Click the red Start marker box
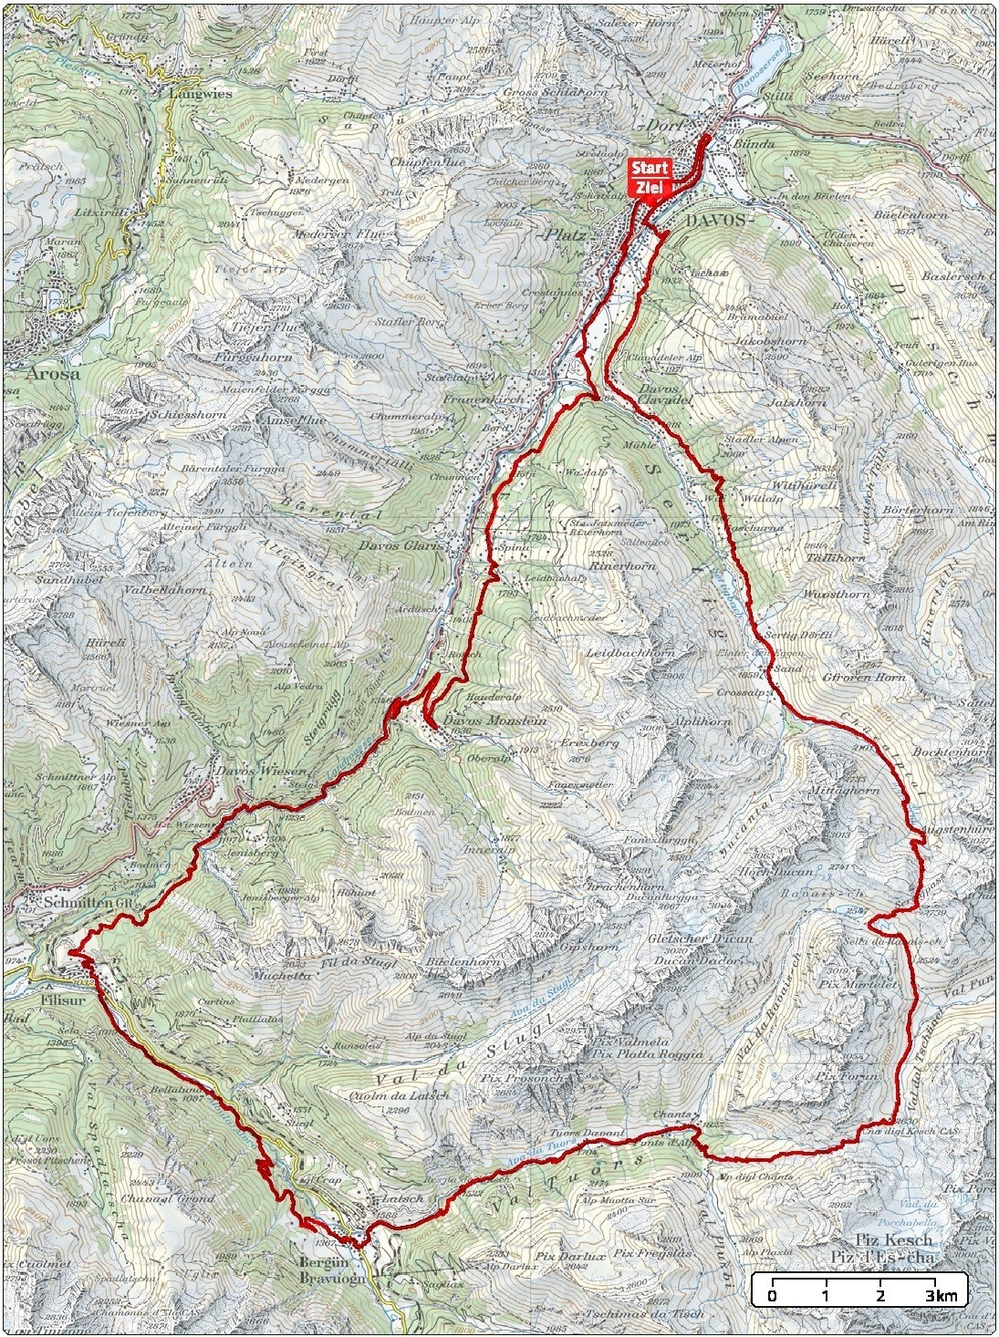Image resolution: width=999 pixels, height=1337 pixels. tap(650, 169)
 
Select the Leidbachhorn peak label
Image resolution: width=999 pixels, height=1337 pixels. tap(630, 654)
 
